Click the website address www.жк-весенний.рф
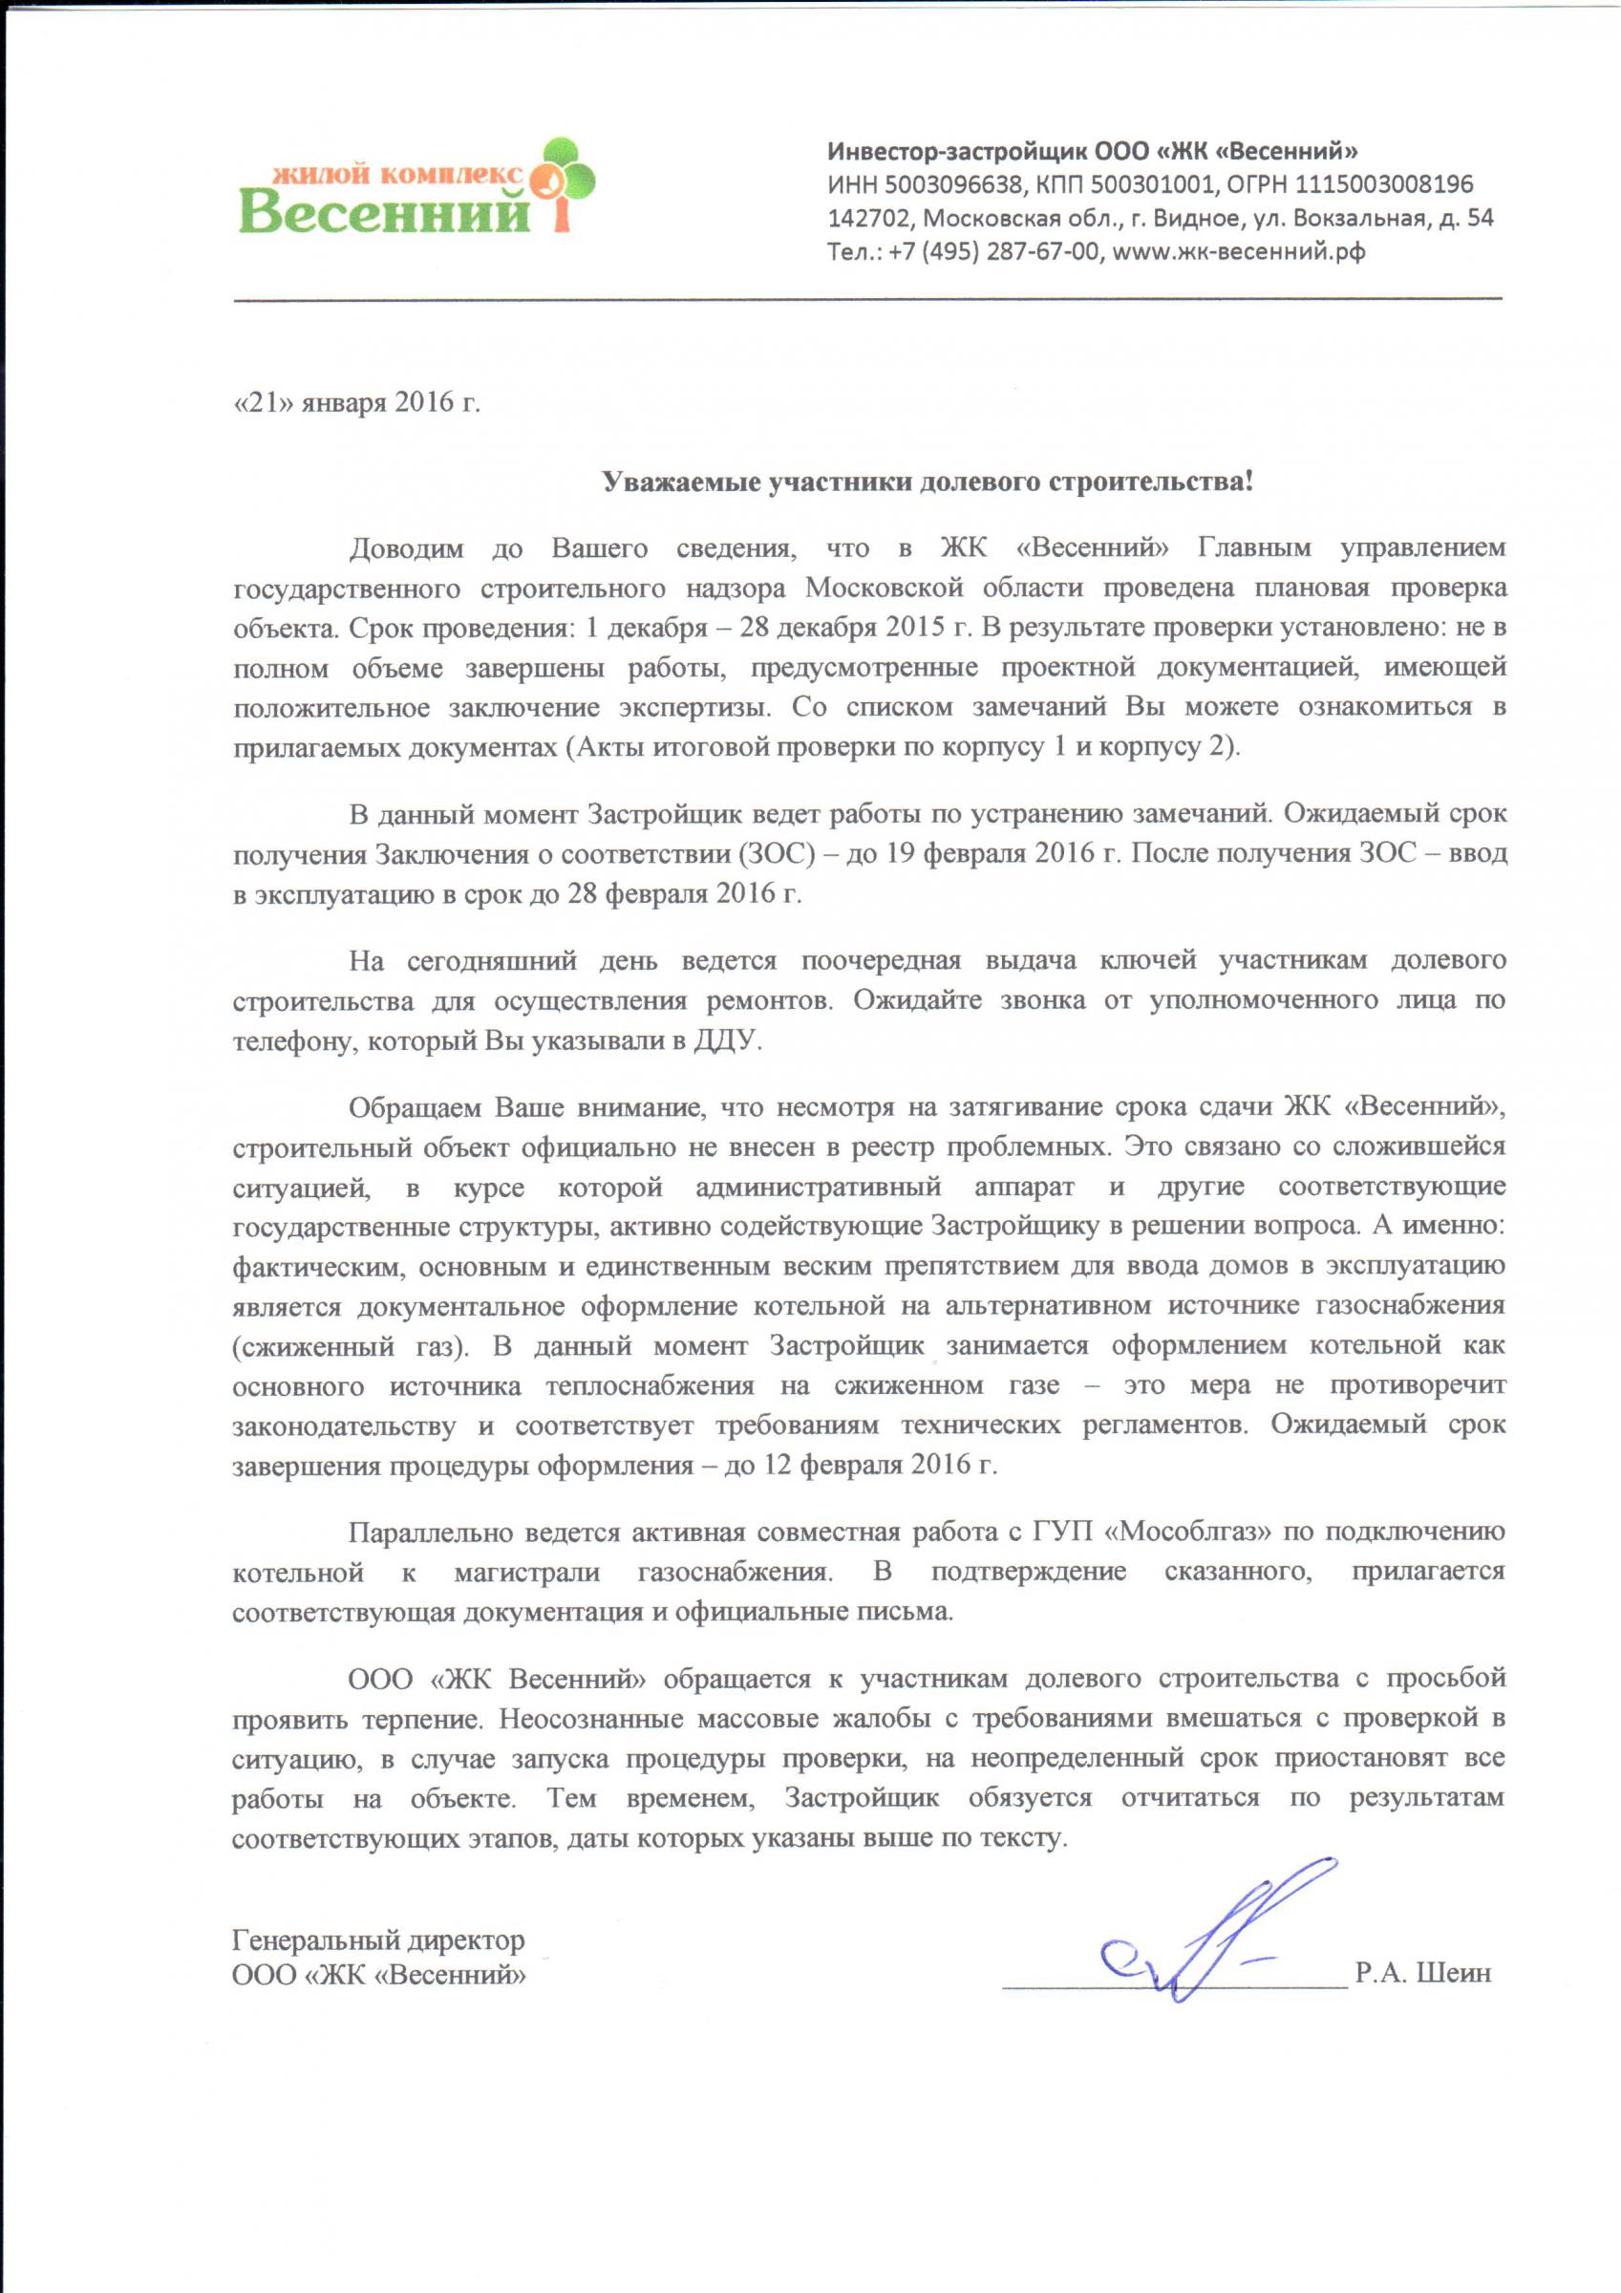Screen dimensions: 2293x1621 tap(1239, 250)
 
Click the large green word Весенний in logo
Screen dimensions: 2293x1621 tap(385, 212)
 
